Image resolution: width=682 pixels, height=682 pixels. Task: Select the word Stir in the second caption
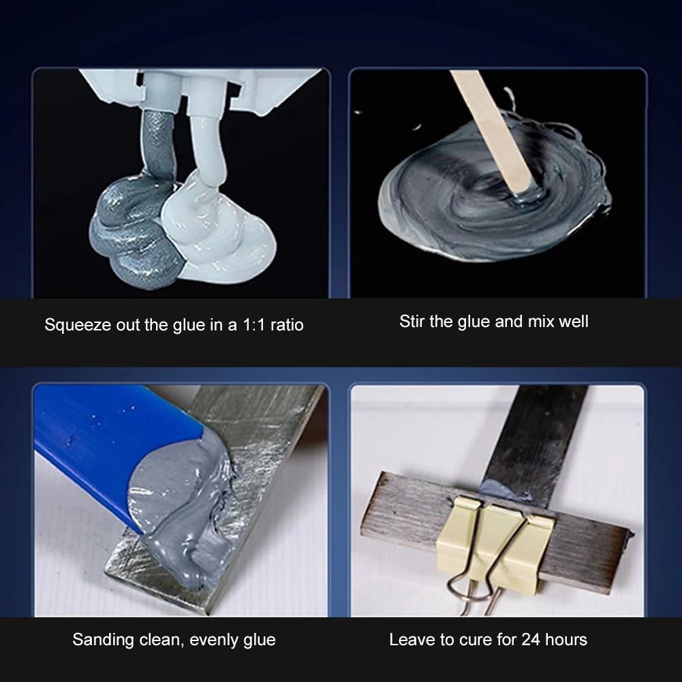[412, 321]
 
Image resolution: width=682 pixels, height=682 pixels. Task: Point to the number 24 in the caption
[531, 639]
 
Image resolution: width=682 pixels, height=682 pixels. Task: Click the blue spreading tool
[102, 450]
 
